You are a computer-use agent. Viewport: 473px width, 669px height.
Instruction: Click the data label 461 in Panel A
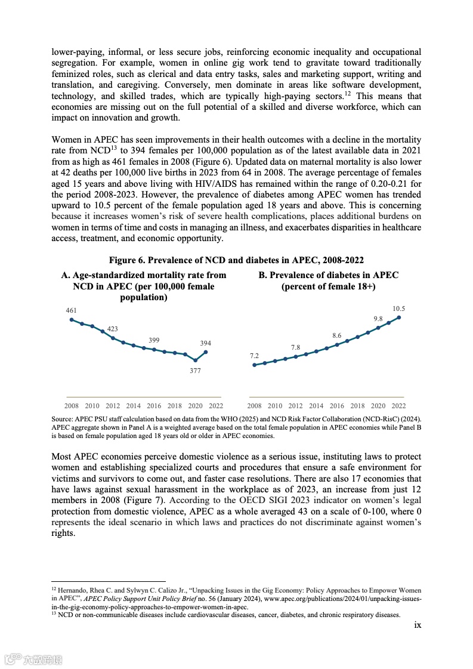pyautogui.click(x=72, y=310)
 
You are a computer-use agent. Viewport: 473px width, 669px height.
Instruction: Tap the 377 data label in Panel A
pyautogui.click(x=195, y=371)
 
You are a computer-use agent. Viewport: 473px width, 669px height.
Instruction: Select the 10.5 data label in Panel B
pyautogui.click(x=398, y=309)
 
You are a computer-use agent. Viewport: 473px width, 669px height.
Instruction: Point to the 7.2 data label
pyautogui.click(x=254, y=356)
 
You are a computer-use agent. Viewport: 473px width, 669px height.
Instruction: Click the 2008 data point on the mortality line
pyautogui.click(x=72, y=320)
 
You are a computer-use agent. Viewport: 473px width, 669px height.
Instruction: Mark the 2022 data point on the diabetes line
pyautogui.click(x=398, y=317)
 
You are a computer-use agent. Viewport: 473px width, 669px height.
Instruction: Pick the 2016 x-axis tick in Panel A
pyautogui.click(x=154, y=406)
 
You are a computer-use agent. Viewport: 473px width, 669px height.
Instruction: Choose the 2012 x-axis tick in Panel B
pyautogui.click(x=295, y=406)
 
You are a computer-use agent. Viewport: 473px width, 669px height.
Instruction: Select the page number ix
pyautogui.click(x=418, y=625)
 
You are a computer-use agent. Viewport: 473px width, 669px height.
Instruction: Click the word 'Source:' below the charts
pyautogui.click(x=61, y=420)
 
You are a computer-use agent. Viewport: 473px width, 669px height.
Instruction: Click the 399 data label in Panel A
pyautogui.click(x=154, y=340)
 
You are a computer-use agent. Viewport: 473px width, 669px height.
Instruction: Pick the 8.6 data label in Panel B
pyautogui.click(x=337, y=335)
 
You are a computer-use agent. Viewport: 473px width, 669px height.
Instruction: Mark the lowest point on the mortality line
pyautogui.click(x=195, y=360)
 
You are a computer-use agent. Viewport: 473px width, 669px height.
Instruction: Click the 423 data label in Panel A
pyautogui.click(x=113, y=329)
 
